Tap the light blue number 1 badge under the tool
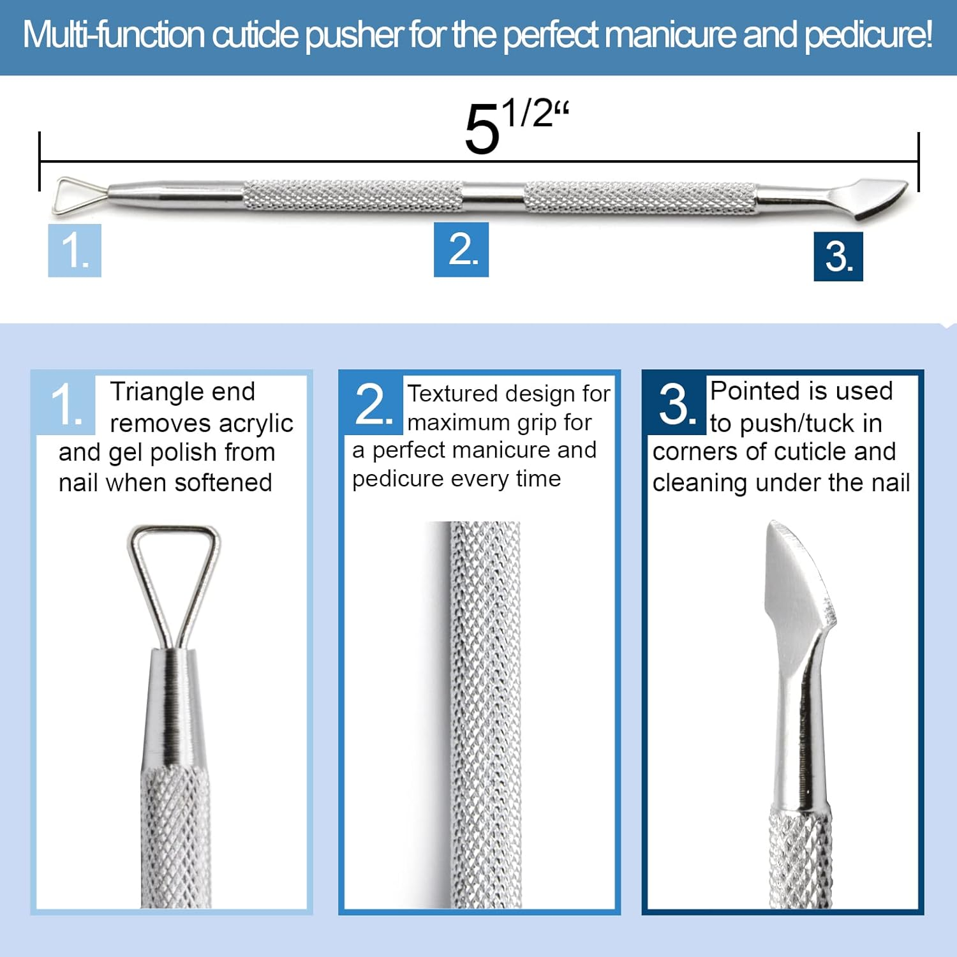click(75, 250)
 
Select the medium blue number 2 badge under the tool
click(461, 249)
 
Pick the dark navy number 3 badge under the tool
click(838, 256)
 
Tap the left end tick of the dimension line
click(40, 161)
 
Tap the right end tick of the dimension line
click(918, 161)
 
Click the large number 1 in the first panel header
click(66, 404)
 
